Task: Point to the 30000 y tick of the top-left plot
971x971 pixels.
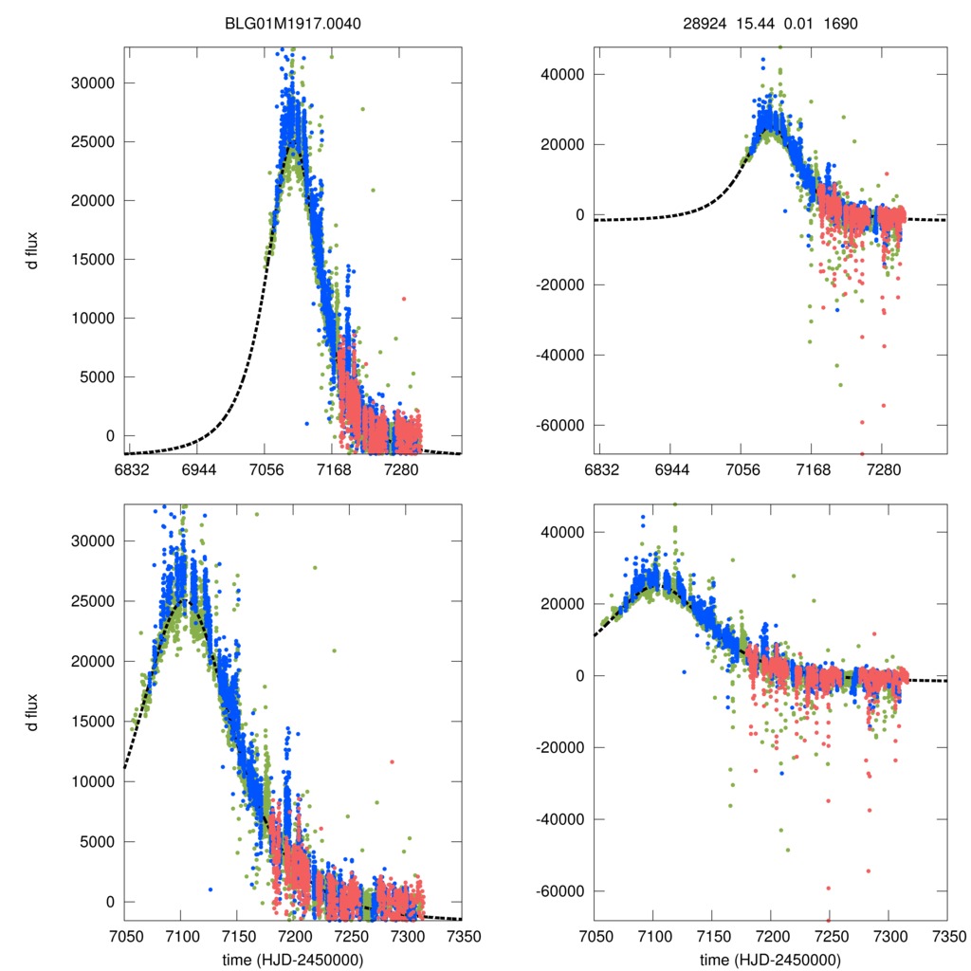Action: coord(92,82)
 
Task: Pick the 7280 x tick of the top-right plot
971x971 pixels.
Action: coord(884,470)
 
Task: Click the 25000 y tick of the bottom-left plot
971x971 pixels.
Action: coord(92,601)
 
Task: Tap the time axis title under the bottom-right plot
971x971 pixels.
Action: coord(771,959)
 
